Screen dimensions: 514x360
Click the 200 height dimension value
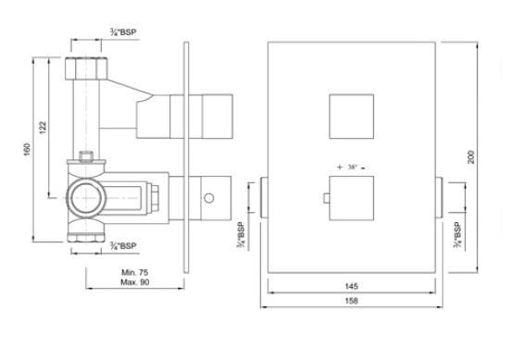click(471, 157)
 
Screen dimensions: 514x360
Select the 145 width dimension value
click(351, 286)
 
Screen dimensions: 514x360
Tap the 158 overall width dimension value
click(351, 301)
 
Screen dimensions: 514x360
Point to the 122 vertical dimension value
click(43, 128)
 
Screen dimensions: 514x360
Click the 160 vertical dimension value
click(27, 149)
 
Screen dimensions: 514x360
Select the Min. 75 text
click(134, 272)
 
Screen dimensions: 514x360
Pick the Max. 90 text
click(134, 282)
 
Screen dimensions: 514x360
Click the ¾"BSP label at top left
click(123, 32)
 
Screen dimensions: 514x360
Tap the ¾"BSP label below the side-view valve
click(123, 245)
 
